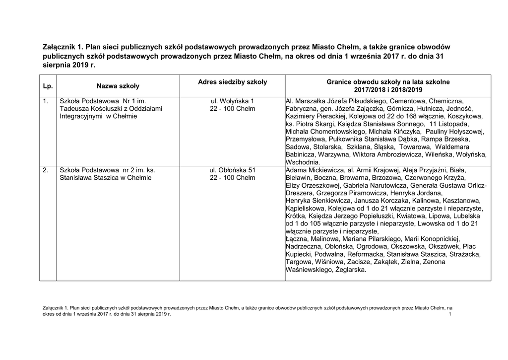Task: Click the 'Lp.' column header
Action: [48, 86]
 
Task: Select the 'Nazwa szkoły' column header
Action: [118, 86]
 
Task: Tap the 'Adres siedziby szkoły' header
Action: [232, 82]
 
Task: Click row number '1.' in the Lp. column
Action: [46, 101]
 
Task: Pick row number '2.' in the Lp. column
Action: [46, 170]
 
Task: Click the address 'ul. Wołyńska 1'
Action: [232, 101]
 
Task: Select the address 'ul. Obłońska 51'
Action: [232, 170]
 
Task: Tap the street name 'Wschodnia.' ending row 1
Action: [303, 162]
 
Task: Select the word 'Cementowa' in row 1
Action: [409, 101]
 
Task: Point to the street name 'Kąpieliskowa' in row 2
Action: [306, 209]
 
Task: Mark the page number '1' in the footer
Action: [449, 315]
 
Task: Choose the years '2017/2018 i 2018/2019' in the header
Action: [388, 90]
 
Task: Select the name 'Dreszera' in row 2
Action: [301, 193]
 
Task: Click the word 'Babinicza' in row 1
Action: [302, 154]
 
